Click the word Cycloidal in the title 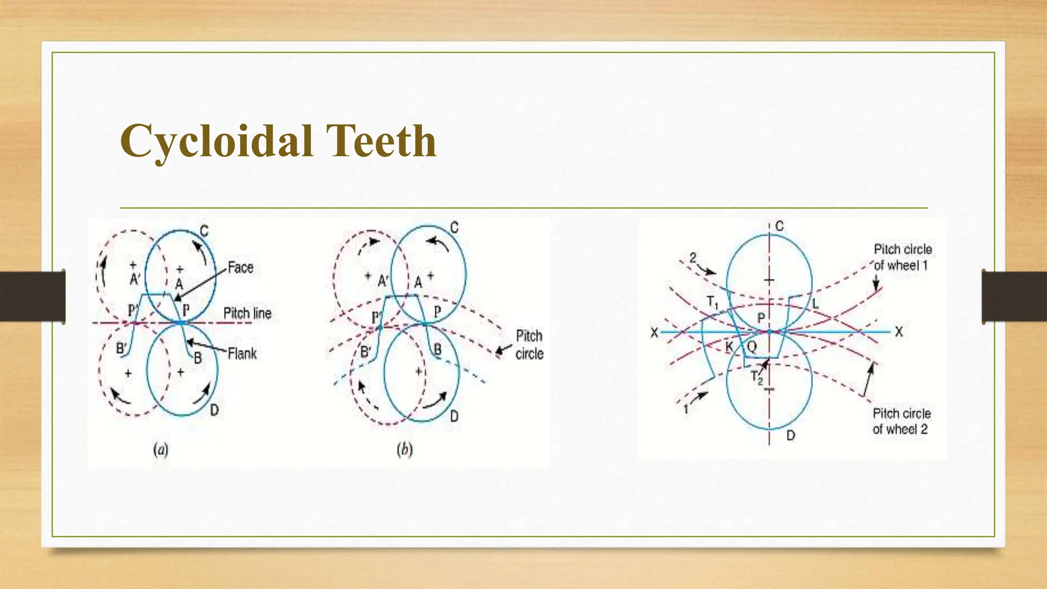coord(216,142)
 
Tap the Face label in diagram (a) coord(240,267)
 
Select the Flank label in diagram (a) coord(242,353)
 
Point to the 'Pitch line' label coord(247,313)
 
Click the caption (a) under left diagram coord(161,449)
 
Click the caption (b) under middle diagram coord(404,449)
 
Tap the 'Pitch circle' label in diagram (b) coord(529,345)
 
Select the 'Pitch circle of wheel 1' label coord(902,257)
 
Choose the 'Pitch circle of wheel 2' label coord(901,421)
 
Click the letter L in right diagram coord(815,304)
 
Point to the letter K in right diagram coord(730,347)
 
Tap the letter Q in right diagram coord(752,347)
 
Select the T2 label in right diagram coord(756,377)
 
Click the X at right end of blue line coord(899,332)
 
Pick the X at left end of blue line coord(654,333)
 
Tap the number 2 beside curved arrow coord(693,257)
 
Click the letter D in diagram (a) coord(214,410)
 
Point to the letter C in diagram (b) coord(454,227)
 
